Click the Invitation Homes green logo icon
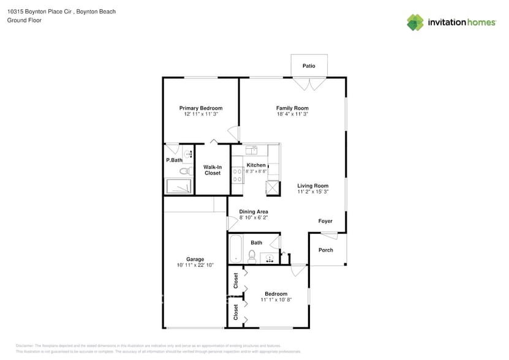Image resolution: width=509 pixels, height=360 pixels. tap(415, 22)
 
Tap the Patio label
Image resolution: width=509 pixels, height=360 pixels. tap(309, 66)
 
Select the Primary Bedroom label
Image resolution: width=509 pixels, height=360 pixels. tap(201, 108)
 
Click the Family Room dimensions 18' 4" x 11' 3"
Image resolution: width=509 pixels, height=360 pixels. tap(292, 114)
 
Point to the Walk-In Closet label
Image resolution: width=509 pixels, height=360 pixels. tap(213, 170)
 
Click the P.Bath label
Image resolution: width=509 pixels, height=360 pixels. tap(174, 160)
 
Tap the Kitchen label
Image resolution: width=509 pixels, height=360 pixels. tap(256, 165)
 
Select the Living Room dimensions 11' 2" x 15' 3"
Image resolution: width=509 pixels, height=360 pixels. tap(313, 192)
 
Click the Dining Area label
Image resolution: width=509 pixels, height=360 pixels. tap(254, 212)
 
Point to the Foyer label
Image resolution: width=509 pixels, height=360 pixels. tap(325, 221)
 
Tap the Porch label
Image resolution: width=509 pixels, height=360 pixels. tap(326, 250)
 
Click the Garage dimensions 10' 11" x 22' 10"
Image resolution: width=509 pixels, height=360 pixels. tap(195, 264)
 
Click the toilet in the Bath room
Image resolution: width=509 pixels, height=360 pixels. tap(252, 256)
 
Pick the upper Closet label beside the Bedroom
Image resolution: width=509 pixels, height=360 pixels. tap(236, 280)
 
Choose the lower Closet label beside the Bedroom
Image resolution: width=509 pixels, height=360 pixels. tap(236, 312)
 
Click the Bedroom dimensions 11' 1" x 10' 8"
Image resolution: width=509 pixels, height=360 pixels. tap(276, 299)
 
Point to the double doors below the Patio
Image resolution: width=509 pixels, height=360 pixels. tap(309, 83)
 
